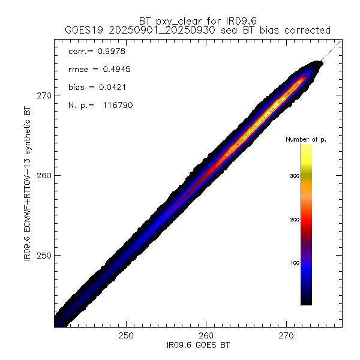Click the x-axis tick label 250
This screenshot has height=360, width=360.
click(126, 335)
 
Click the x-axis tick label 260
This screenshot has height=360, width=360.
click(206, 335)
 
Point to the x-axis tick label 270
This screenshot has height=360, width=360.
click(286, 335)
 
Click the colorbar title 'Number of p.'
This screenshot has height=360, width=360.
click(306, 139)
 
